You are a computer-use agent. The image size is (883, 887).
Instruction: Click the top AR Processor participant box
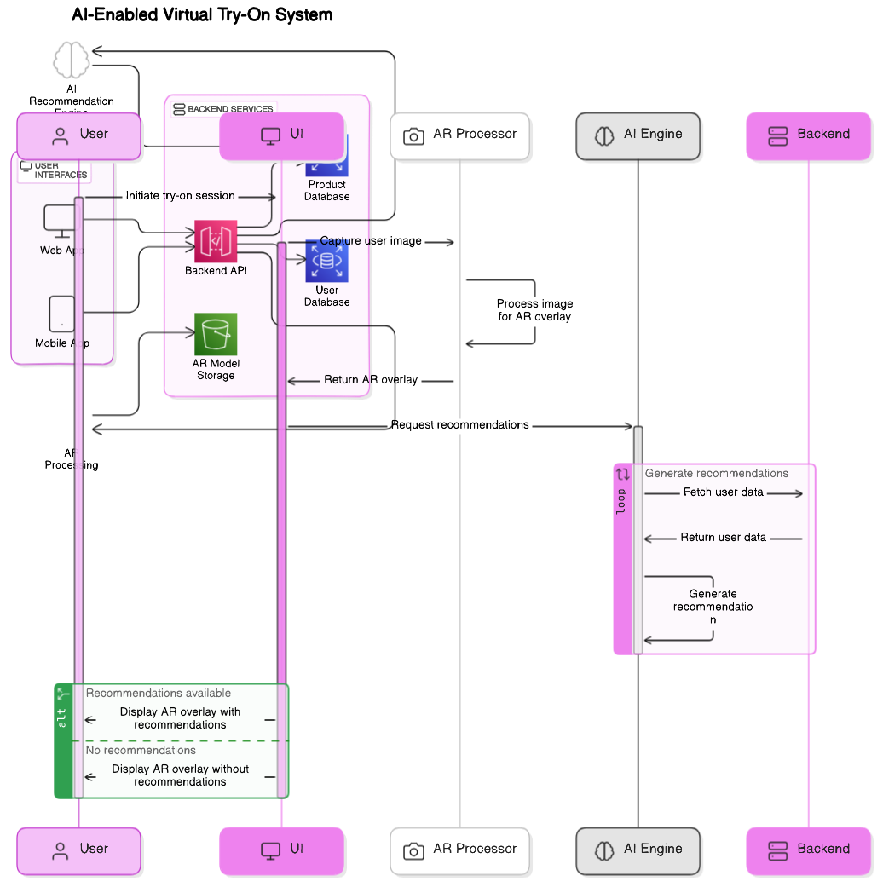pos(460,135)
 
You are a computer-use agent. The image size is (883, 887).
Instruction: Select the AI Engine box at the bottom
pos(638,850)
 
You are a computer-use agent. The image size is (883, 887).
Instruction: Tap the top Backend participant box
pos(809,135)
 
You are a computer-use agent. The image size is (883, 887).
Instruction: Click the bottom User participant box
pos(79,850)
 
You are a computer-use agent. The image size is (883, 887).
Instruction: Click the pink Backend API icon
pos(216,241)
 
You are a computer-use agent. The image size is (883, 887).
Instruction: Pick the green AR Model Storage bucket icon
pos(216,334)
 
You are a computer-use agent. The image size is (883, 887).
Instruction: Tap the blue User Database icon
pos(326,262)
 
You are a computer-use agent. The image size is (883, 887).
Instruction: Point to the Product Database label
pos(327,190)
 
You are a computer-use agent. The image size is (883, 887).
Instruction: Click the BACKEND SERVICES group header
pos(222,109)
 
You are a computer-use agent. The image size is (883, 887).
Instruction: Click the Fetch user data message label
pos(723,492)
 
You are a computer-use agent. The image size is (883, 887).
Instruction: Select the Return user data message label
pos(723,538)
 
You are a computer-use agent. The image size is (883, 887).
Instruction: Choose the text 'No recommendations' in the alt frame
pos(141,751)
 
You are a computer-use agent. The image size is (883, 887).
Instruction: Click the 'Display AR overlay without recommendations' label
pos(180,775)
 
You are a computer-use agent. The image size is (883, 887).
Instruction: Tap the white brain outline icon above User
pos(72,61)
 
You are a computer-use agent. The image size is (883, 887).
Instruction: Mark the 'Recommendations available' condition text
pos(158,694)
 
